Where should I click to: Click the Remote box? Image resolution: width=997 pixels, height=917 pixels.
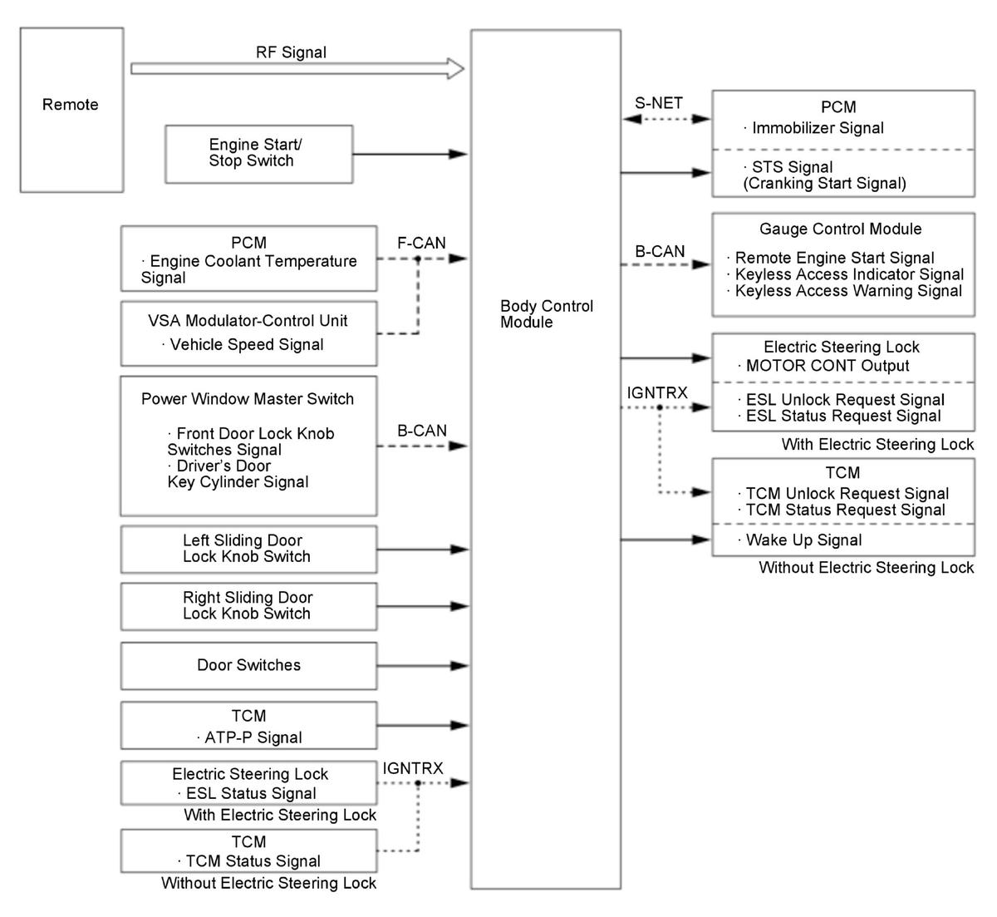click(71, 110)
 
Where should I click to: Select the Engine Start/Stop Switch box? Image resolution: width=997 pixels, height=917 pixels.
click(259, 155)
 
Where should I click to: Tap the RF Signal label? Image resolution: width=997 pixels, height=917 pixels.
click(291, 52)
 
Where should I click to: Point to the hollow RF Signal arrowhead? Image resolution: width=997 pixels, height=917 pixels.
click(456, 69)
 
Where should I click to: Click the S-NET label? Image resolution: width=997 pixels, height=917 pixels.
click(659, 103)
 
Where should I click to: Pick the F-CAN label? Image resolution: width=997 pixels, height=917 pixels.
click(421, 243)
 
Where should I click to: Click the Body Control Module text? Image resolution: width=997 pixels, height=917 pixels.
click(546, 314)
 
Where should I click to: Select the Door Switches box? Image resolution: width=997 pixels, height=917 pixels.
click(248, 666)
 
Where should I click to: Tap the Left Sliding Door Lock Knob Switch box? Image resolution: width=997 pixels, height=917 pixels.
click(248, 550)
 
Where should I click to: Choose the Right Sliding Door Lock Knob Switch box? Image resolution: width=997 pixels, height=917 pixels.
click(248, 607)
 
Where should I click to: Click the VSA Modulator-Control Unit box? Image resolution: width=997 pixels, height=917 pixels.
click(248, 333)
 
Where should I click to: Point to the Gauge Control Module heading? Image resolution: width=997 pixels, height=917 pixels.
click(841, 229)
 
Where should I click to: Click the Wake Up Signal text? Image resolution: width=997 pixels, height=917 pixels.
click(803, 540)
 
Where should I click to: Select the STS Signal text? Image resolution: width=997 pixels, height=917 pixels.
click(792, 167)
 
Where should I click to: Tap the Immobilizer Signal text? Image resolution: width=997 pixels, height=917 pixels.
click(818, 128)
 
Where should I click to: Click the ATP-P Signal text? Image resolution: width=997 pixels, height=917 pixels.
click(253, 737)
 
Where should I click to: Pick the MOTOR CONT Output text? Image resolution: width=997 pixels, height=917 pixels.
click(828, 366)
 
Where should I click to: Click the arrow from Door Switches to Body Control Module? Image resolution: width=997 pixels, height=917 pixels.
click(422, 666)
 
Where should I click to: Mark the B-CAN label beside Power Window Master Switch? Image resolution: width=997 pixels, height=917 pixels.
click(422, 431)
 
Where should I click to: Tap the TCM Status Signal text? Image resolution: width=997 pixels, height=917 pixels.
click(253, 860)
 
